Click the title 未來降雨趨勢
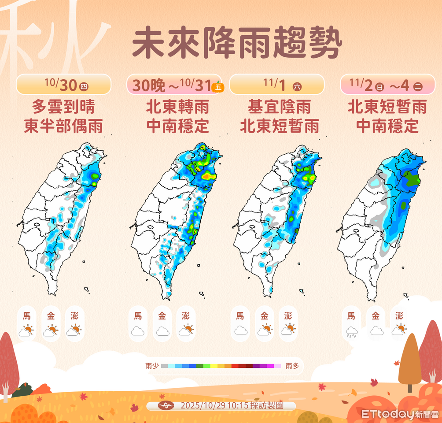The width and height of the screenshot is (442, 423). pos(237,45)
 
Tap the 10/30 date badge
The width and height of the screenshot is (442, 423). pos(63,85)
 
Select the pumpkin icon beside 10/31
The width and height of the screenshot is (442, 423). pos(217,87)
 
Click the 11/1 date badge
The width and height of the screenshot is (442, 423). pos(277,85)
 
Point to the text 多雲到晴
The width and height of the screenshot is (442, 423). pos(63,107)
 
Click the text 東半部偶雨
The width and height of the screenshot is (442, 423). pos(63,126)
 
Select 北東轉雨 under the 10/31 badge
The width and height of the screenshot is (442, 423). pos(177,107)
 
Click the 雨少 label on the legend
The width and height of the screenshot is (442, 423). pos(151,366)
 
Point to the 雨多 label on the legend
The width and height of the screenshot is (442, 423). pos(292,366)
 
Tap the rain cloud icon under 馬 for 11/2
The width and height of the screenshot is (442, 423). pos(351,332)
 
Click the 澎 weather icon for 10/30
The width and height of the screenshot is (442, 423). pos(74,330)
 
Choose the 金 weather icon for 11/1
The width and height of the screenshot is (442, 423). pos(264,330)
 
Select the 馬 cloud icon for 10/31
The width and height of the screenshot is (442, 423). pos(138,331)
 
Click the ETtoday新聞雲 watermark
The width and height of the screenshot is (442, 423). pos(400,415)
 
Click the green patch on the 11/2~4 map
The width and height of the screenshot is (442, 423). pos(412,179)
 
